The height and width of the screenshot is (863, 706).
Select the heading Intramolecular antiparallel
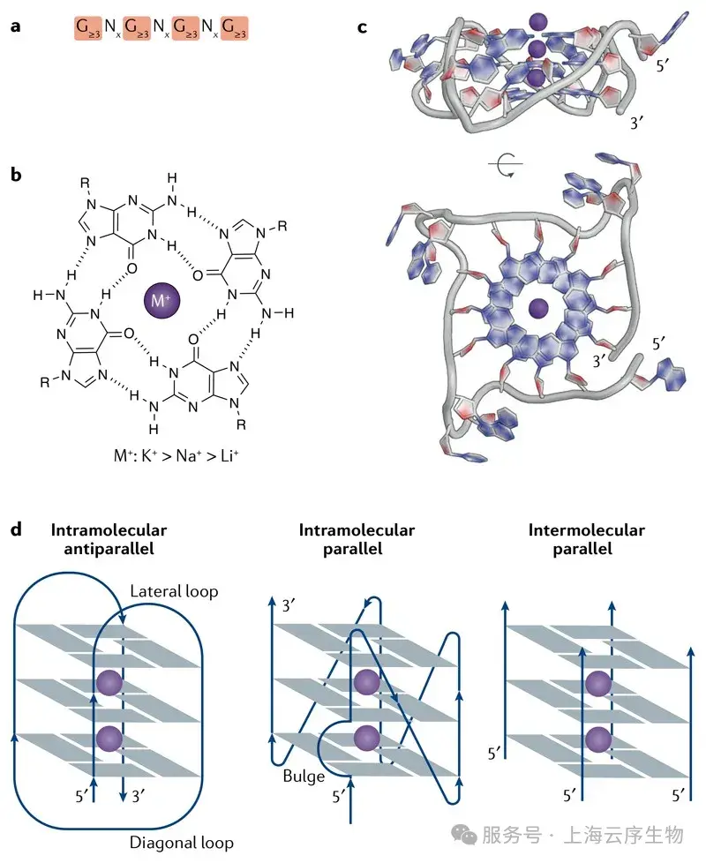click(x=109, y=539)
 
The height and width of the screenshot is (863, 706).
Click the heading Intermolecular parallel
click(x=586, y=539)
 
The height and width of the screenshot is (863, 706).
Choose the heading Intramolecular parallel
click(x=357, y=539)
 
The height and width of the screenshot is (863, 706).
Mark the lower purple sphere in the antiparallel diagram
click(x=109, y=737)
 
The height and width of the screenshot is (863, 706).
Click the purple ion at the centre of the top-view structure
click(x=536, y=308)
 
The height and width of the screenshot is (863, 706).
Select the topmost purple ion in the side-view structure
click(x=536, y=19)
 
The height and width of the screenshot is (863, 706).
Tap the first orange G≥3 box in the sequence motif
click(x=87, y=29)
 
